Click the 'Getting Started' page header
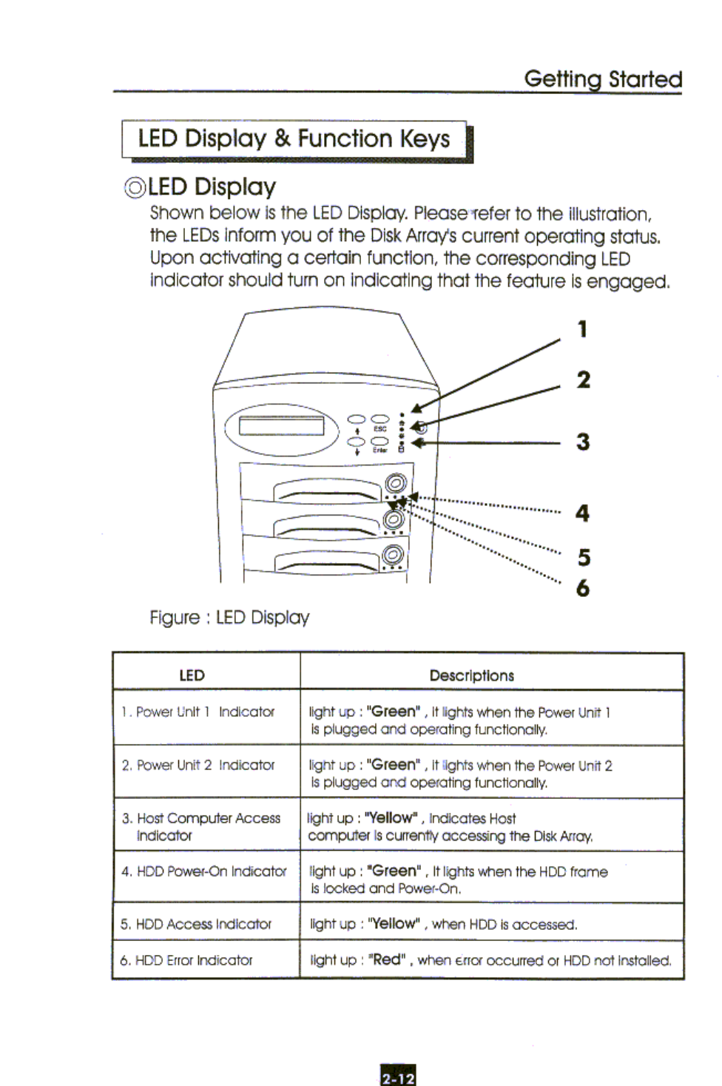coord(602,79)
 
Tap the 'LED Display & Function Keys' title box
coord(294,139)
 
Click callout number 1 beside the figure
coord(583,329)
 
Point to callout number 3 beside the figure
coord(583,442)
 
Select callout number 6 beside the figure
coord(583,589)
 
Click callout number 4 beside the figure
coord(583,513)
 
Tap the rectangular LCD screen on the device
coord(281,425)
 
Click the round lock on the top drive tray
coord(395,484)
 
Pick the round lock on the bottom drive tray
coord(393,554)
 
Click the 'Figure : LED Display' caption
coord(229,618)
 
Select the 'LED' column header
coord(192,675)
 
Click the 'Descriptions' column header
coord(471,675)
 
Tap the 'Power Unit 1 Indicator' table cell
coord(198,712)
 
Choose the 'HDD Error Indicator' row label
coord(186,960)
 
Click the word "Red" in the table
coord(387,959)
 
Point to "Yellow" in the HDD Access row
coord(394,924)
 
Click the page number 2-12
coord(398,1077)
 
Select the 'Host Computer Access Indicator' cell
coord(201,826)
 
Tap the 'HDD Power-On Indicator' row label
coord(204,871)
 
